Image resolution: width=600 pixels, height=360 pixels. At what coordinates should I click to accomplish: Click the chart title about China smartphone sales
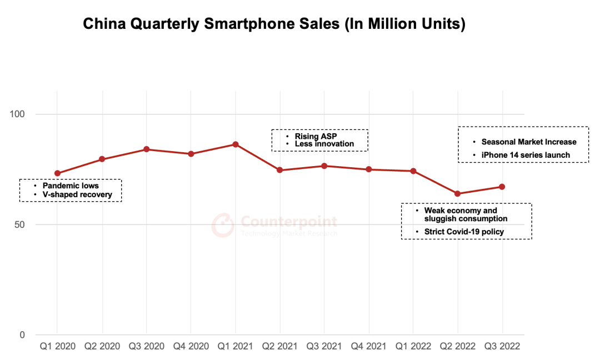[x=274, y=24]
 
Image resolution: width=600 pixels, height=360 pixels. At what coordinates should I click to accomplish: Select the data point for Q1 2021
[x=236, y=144]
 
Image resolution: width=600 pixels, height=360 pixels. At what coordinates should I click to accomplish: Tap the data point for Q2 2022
[x=458, y=194]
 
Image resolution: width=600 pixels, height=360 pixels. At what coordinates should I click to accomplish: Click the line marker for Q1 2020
[x=57, y=173]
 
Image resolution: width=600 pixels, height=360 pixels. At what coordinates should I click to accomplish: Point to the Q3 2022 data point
[x=502, y=187]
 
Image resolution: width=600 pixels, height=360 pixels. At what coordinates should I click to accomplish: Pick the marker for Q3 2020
[x=147, y=149]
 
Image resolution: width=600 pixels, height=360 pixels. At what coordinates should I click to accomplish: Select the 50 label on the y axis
[x=21, y=225]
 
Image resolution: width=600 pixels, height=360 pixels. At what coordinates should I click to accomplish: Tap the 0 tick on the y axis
[x=23, y=335]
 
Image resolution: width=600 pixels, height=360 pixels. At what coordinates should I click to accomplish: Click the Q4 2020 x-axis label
[x=191, y=347]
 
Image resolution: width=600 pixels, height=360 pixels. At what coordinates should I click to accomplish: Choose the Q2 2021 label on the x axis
[x=280, y=347]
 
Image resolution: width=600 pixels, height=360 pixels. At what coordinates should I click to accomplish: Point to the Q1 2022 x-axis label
[x=413, y=347]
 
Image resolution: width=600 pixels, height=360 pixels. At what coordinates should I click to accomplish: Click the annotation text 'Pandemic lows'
[x=70, y=186]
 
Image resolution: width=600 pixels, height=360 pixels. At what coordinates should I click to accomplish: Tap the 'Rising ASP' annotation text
[x=316, y=136]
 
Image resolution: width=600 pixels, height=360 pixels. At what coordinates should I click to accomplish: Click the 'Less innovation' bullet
[x=324, y=144]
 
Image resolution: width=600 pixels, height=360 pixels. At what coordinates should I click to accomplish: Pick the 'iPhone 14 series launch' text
[x=526, y=155]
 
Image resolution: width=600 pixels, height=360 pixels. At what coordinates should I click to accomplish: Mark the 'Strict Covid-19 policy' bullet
[x=464, y=231]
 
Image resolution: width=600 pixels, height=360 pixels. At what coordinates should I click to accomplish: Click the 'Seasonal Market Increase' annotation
[x=529, y=142]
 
